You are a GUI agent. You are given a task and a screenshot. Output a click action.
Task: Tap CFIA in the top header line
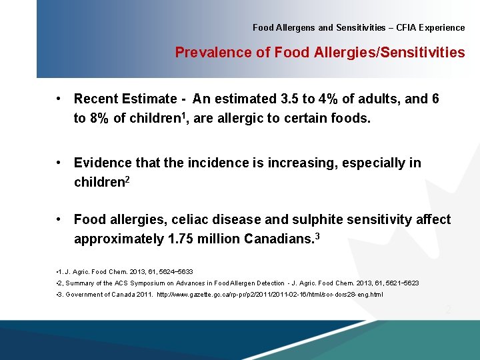click(x=405, y=28)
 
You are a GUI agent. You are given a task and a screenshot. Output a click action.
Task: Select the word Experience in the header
click(x=441, y=28)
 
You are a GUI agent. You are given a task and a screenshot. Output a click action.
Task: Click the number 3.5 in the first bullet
click(x=289, y=99)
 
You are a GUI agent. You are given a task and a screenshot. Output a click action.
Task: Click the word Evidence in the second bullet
click(x=103, y=163)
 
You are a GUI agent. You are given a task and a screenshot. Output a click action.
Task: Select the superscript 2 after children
click(x=126, y=180)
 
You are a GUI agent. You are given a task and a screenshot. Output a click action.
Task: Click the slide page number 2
click(x=448, y=309)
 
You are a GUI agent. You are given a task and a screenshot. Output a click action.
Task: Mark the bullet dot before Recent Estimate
click(x=59, y=99)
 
